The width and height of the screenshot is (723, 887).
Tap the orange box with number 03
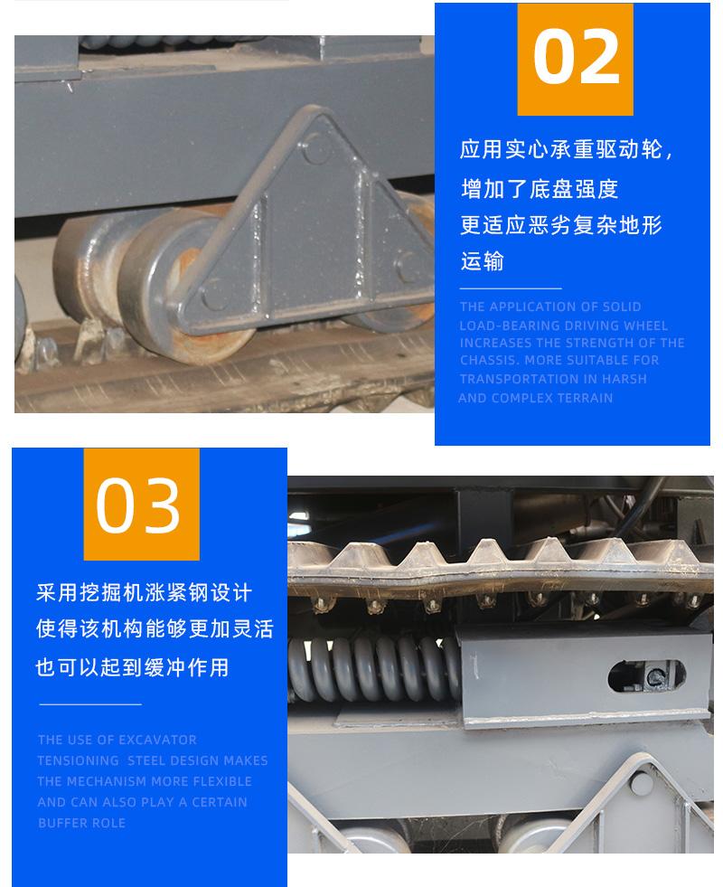140,504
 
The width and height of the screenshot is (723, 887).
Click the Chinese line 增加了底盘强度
539,189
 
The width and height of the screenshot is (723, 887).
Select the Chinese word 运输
482,261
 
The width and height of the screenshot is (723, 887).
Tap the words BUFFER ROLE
81,823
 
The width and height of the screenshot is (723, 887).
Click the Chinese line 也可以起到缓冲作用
132,667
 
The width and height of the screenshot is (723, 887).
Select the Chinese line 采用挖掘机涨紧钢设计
144,593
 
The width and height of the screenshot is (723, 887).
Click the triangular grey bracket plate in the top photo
307,226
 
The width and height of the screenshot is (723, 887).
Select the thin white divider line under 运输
511,288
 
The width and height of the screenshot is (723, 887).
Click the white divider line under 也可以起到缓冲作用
89,703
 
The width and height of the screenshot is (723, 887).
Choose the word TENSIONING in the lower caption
78,760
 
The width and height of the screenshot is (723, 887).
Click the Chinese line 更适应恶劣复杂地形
561,225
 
